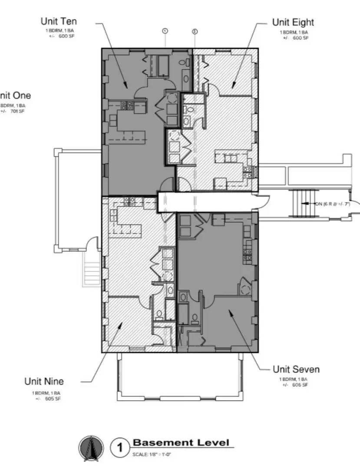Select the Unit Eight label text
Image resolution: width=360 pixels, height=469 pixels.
click(293, 22)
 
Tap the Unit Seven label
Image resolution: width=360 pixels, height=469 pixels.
click(296, 370)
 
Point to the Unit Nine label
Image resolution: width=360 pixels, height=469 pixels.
click(44, 382)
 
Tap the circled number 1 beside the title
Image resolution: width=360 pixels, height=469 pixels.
click(119, 448)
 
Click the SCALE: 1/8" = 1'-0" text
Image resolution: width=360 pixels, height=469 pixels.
click(152, 454)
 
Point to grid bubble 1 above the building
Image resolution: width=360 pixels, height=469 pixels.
click(165, 31)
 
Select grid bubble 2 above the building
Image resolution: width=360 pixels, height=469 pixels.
click(195, 31)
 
